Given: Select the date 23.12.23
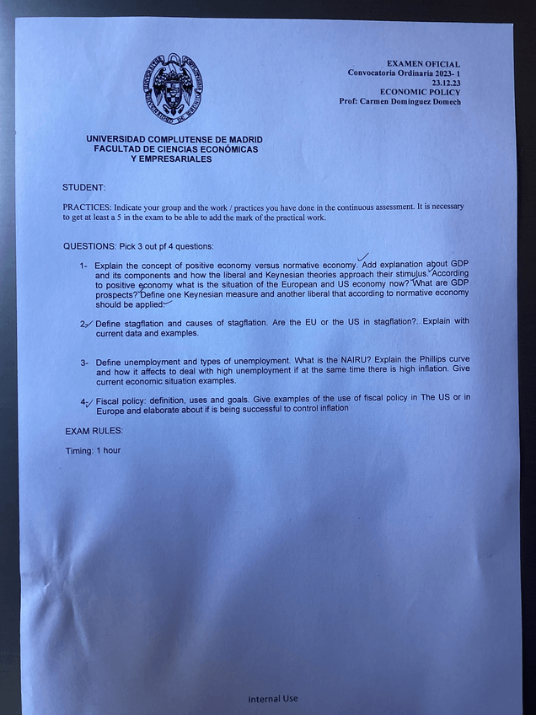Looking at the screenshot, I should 446,83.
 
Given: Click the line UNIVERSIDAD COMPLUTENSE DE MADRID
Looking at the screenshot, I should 174,139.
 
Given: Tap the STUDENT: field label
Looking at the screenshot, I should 83,186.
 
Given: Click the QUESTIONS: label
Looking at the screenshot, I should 93,246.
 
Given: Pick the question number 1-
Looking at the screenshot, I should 84,266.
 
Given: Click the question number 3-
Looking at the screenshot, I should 85,363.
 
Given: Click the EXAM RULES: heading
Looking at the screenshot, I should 94,431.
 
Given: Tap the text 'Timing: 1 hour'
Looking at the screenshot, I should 94,450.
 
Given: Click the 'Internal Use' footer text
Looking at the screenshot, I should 272,698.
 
